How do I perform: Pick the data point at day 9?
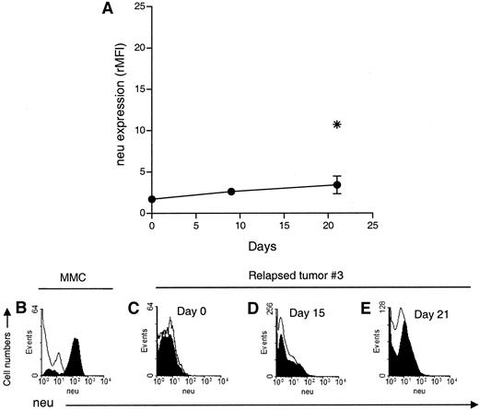(x=230, y=192)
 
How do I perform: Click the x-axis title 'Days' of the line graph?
(x=262, y=247)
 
